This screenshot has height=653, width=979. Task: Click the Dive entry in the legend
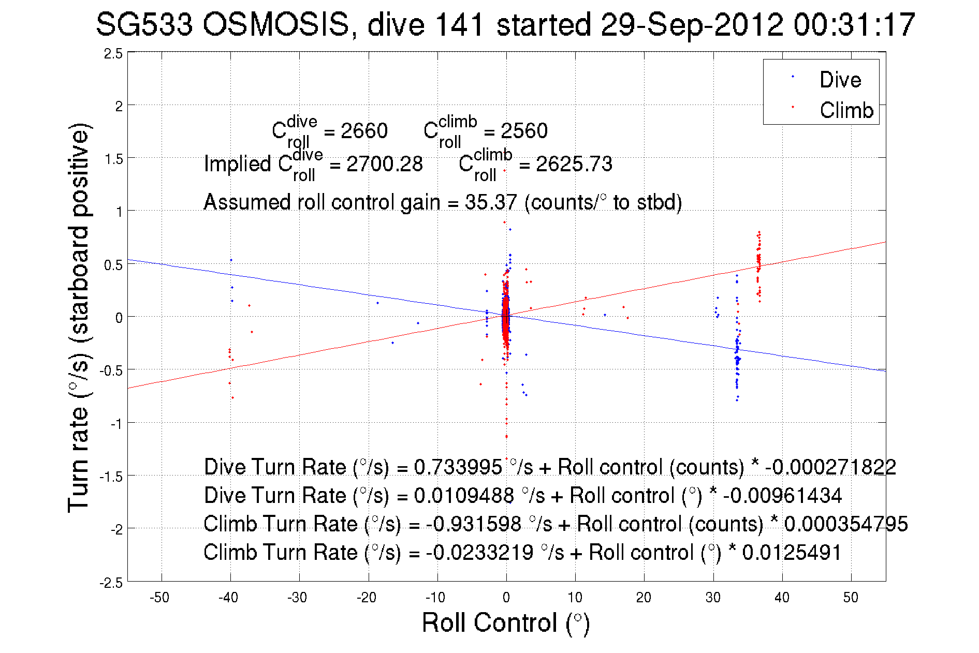tap(840, 80)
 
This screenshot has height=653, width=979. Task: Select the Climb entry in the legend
tap(846, 110)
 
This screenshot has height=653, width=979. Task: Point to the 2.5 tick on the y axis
tap(113, 54)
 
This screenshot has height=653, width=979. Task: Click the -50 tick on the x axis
tap(159, 598)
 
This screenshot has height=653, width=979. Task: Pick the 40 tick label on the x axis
tap(782, 598)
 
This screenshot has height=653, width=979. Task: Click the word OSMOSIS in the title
tap(275, 24)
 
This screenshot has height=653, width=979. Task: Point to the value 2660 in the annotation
tap(364, 131)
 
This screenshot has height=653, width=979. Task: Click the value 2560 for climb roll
tap(524, 131)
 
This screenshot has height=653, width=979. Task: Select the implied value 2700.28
tap(385, 165)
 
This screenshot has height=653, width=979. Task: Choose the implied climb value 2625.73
tap(574, 165)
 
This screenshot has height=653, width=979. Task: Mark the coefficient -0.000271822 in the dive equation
tap(830, 467)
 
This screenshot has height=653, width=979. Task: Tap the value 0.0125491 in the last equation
tap(792, 553)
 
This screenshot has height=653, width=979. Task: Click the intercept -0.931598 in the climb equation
tap(474, 524)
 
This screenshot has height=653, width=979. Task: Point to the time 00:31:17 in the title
tap(855, 24)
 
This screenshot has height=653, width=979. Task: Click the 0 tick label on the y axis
tap(119, 318)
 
